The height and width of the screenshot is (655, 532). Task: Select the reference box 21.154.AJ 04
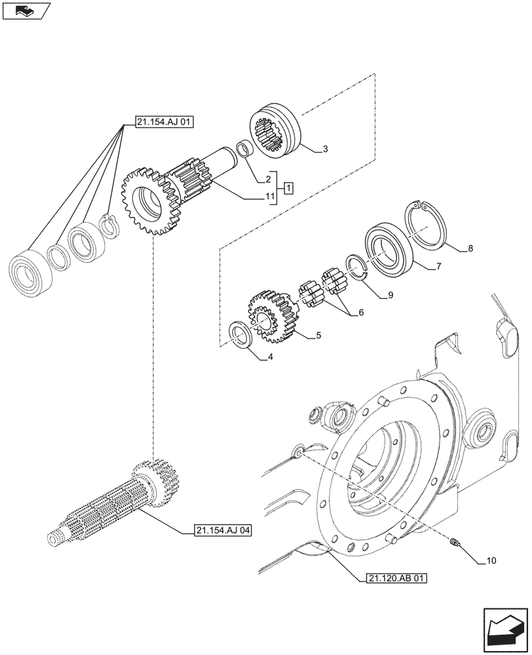coord(223,530)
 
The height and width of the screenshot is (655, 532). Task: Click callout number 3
coord(326,150)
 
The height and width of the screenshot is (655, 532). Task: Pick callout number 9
coord(390,295)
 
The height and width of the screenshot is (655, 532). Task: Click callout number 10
coord(491,561)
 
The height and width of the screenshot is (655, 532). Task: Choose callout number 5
coord(318,335)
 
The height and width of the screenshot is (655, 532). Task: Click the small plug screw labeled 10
coord(456,541)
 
